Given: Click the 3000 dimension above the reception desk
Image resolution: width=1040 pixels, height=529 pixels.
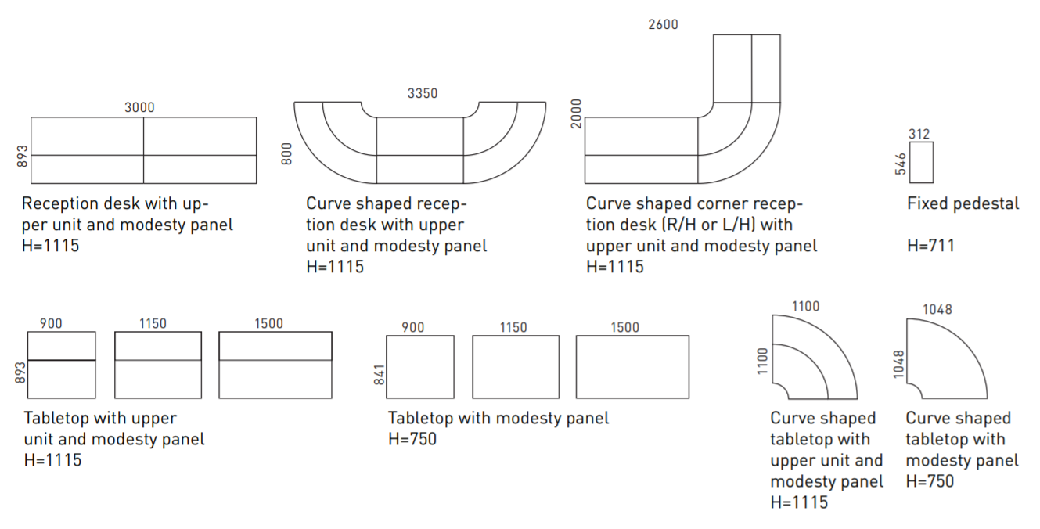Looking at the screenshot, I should [139, 107].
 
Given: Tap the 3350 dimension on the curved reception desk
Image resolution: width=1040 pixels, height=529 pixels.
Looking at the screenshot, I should [423, 93].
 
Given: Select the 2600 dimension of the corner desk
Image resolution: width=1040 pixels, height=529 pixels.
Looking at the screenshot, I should [663, 24].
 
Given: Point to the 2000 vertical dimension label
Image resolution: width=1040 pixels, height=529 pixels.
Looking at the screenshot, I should [577, 114].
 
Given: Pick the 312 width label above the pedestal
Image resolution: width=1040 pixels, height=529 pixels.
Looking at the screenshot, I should [919, 134].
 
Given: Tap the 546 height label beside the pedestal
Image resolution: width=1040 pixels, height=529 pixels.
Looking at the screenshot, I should [901, 163].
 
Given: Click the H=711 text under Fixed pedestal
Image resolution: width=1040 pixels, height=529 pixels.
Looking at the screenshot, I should [930, 246].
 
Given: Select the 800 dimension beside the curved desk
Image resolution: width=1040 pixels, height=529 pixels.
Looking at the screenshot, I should [286, 153].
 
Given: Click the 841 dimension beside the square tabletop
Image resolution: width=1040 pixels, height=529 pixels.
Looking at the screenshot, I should [378, 374].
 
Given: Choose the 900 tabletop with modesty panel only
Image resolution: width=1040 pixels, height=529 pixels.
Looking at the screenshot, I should [420, 366].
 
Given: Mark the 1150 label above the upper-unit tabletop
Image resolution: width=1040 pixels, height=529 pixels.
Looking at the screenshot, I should [153, 323].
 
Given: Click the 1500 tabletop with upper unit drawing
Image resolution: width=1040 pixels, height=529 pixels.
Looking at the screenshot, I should [275, 365].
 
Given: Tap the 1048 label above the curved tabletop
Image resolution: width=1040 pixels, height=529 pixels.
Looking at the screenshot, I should [937, 309].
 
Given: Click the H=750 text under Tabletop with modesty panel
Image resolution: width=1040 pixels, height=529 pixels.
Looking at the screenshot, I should [412, 439].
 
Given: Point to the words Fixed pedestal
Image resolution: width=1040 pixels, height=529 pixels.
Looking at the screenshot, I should [963, 204].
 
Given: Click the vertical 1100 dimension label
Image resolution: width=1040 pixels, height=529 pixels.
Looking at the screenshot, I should [763, 362].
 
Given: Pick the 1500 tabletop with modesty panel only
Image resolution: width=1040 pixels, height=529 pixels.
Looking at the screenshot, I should [632, 366].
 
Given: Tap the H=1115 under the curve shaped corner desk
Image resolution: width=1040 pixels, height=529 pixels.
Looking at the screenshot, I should [615, 267].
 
